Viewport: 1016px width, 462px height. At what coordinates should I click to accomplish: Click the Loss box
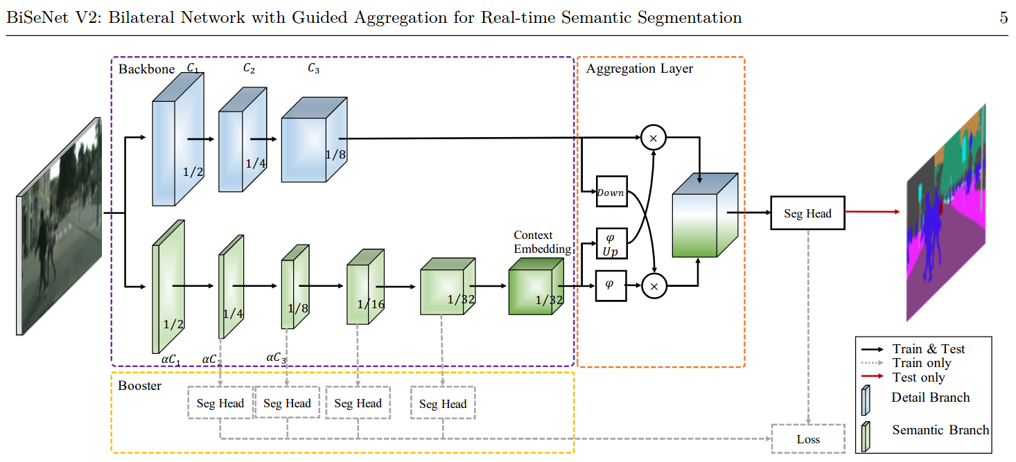808,438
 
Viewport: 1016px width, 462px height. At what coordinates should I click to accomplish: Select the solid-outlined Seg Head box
807,213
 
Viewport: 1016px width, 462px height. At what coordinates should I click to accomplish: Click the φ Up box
611,243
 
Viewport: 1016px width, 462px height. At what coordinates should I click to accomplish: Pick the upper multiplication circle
653,138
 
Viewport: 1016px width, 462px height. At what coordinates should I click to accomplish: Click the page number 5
1003,17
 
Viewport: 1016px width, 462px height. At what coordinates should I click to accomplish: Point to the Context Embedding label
543,242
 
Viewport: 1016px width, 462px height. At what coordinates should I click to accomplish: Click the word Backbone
146,69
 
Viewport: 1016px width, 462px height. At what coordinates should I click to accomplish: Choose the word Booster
139,385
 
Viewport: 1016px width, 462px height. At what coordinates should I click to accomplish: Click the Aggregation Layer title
639,69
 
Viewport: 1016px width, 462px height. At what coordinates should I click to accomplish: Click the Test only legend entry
919,377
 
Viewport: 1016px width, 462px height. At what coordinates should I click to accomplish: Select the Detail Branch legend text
930,398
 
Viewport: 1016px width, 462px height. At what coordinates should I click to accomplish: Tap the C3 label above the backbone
313,68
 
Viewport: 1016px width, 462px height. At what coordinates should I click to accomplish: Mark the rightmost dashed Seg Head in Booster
443,403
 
